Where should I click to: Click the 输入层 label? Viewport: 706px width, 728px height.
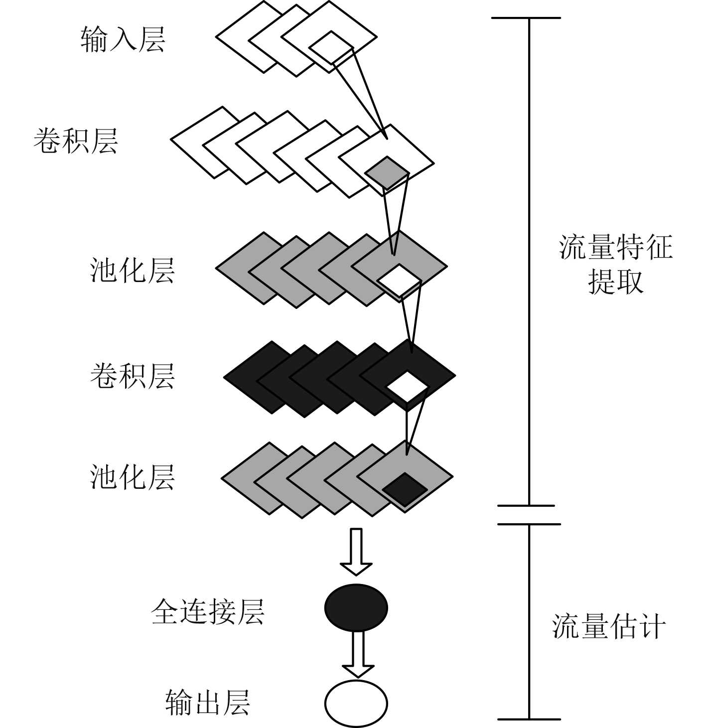click(123, 39)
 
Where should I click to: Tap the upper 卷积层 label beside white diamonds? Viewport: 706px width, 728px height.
click(76, 141)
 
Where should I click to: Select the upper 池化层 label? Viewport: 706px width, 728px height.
click(133, 271)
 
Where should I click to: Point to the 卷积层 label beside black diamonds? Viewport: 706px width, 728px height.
click(133, 376)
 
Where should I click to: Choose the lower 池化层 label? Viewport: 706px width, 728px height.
click(133, 477)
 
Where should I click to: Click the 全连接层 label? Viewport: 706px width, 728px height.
click(207, 611)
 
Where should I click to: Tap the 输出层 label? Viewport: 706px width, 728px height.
click(207, 703)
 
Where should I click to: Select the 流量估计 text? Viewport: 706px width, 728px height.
click(609, 626)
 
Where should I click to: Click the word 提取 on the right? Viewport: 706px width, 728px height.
click(616, 282)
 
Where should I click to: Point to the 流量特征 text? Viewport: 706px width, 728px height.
click(616, 247)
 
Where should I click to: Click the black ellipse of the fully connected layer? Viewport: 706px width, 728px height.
click(356, 607)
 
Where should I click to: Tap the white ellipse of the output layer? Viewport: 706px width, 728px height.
click(356, 703)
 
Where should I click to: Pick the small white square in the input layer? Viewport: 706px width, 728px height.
click(331, 48)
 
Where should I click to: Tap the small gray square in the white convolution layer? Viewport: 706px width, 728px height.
click(387, 172)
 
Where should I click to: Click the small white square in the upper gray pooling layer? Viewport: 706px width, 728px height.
click(399, 281)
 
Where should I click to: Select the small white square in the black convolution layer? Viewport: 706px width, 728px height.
click(407, 387)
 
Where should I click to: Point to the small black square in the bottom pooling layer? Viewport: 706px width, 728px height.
click(405, 488)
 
